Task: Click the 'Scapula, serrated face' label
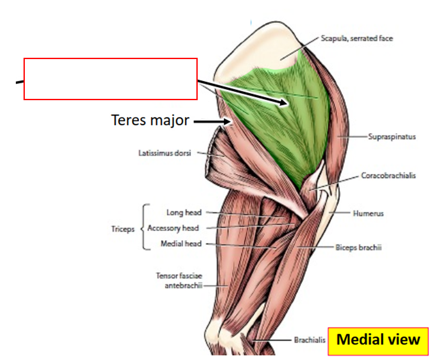point(356,39)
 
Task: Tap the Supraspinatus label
point(392,137)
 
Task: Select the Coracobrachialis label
point(388,176)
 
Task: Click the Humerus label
point(368,213)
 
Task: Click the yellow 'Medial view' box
point(378,340)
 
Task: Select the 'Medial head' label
point(181,244)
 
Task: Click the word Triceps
point(123,229)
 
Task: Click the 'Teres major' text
point(150,120)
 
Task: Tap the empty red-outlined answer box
point(110,79)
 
